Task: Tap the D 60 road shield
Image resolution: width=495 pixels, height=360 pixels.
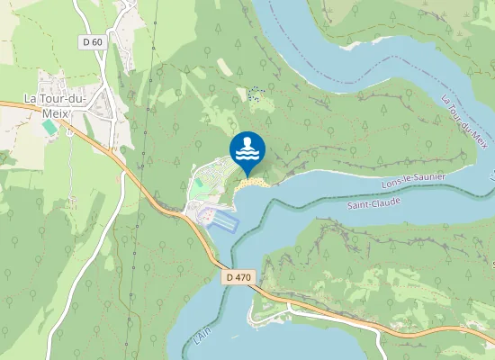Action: (93, 41)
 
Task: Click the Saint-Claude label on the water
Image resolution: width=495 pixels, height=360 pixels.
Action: (373, 205)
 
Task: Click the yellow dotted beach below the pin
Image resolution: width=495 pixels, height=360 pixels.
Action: (254, 183)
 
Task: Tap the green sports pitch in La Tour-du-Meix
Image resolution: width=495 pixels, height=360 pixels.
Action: (49, 128)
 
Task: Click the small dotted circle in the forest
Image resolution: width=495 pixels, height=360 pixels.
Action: (256, 94)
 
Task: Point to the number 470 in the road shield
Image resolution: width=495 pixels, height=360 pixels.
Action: (242, 279)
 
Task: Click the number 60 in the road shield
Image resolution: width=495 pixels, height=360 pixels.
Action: (97, 41)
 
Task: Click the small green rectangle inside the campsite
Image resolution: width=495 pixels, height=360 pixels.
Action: (197, 184)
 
